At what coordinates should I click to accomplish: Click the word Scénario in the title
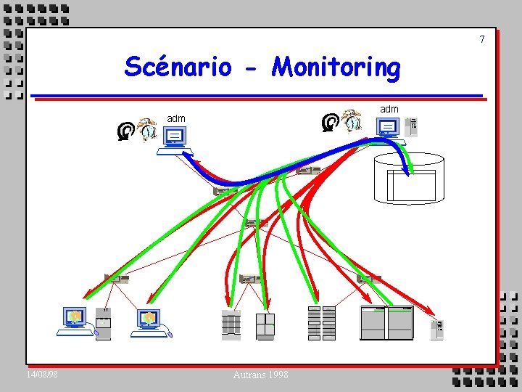click(178, 67)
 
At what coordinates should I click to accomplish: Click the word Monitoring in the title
click(336, 68)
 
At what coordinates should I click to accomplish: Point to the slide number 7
click(481, 39)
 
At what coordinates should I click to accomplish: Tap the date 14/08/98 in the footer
click(42, 374)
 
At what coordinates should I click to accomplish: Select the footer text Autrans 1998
click(260, 375)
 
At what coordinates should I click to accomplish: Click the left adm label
click(176, 118)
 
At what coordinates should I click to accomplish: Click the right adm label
click(389, 109)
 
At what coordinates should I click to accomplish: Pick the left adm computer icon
click(175, 139)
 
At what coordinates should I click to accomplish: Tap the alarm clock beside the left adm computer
click(147, 128)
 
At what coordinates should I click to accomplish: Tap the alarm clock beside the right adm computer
click(352, 121)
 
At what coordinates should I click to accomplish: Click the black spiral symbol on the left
click(125, 131)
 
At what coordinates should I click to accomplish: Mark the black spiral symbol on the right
click(330, 122)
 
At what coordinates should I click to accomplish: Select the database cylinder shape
click(408, 177)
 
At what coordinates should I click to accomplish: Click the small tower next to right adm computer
click(412, 126)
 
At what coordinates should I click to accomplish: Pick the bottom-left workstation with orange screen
click(75, 321)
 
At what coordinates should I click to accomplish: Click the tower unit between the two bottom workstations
click(103, 323)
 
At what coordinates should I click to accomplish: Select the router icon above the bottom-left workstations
click(116, 278)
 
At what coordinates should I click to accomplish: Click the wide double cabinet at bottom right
click(386, 323)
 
